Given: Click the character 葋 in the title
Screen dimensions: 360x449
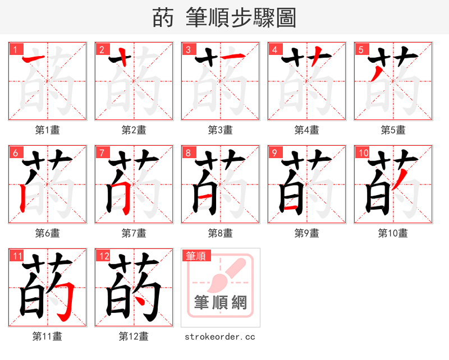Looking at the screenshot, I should click(x=163, y=19).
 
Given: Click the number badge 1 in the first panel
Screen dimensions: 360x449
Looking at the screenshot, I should click(x=15, y=49).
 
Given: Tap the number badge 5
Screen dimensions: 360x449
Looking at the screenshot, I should click(x=360, y=49).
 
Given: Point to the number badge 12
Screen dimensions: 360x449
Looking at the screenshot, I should click(x=103, y=256).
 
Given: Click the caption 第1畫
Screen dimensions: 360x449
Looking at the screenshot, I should click(x=47, y=130).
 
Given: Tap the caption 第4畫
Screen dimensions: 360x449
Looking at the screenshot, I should click(x=306, y=130).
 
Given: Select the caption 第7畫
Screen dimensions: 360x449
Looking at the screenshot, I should click(x=134, y=233).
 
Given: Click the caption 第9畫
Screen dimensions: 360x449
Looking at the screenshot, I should click(x=306, y=233).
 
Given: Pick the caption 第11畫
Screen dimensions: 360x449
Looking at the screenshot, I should click(x=47, y=336).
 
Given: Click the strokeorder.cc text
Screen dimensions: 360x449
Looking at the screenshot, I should click(x=220, y=336).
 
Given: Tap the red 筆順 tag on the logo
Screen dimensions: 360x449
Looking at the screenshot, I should click(x=196, y=256).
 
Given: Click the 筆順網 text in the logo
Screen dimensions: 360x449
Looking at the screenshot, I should click(x=220, y=302).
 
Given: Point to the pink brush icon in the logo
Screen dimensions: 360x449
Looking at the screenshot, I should click(x=227, y=275).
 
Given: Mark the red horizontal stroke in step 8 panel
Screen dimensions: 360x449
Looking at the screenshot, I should click(x=205, y=195).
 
